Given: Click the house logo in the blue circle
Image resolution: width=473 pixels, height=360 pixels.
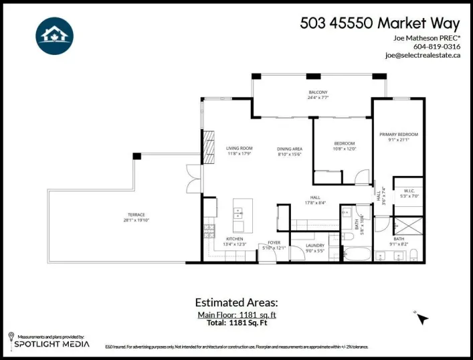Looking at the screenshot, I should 55,35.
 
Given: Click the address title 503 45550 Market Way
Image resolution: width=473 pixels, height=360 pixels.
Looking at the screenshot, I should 380,23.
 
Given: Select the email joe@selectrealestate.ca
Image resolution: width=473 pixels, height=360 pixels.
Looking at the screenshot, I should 423,56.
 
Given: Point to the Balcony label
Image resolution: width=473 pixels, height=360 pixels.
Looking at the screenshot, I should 317,92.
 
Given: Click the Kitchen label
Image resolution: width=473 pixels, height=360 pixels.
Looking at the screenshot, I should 234,239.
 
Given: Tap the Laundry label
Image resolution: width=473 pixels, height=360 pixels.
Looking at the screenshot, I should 314,246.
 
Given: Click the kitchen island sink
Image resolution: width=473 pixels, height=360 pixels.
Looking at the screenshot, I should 238,214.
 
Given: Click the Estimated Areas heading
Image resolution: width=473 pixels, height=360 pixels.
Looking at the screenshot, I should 235,302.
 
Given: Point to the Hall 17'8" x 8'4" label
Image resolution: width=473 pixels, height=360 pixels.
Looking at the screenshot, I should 314,200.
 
